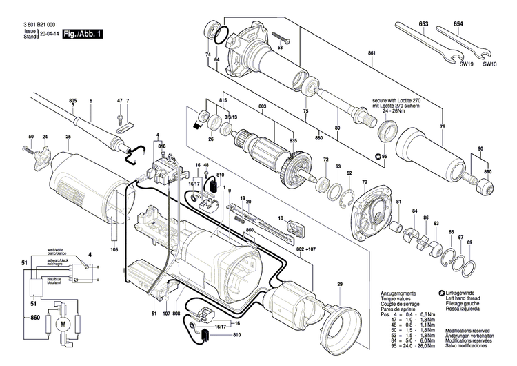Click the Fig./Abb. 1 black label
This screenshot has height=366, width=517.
82,33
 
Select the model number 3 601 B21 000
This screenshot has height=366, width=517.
39,23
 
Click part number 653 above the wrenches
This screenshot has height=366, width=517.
423,26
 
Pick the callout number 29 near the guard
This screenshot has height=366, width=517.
339,286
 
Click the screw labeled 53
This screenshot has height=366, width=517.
279,37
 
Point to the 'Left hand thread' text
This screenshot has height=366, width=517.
465,298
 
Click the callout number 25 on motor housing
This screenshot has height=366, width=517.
68,137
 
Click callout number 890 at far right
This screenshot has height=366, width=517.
489,171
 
